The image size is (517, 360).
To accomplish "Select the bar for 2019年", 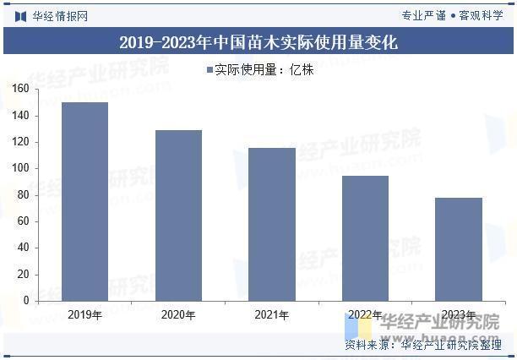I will pos(84,201).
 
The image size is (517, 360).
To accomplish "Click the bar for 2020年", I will pos(178,215).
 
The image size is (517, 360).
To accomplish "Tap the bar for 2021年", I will pos(272,224).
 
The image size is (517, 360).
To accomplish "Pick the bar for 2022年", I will pos(365,237).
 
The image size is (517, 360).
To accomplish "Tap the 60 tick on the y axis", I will pos(23,221).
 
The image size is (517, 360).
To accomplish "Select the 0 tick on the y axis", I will pos(26,300).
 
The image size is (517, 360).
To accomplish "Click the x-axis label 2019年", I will pos(84,315).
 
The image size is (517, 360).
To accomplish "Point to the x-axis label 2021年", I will pos(272,315).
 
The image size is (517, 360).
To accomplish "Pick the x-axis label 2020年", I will pos(178,315).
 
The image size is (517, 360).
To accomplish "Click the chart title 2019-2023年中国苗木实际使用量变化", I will pos(258,42).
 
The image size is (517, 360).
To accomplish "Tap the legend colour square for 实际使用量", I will pos(209,70).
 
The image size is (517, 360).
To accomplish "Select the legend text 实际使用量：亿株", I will pos(264,70).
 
